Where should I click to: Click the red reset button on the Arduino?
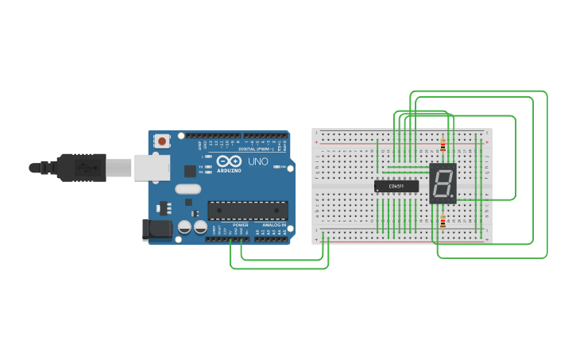162,141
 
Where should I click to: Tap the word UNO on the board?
258,161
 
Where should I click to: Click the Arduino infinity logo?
229,161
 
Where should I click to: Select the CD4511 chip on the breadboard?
396,186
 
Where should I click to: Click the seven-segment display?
443,183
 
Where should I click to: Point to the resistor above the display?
443,145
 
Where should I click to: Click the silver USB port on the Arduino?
152,167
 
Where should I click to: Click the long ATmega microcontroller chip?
247,210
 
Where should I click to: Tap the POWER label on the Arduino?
240,225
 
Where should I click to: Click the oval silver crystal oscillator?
187,189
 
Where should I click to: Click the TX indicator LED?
208,167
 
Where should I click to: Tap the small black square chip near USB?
190,171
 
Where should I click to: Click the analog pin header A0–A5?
270,238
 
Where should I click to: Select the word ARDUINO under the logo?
229,171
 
